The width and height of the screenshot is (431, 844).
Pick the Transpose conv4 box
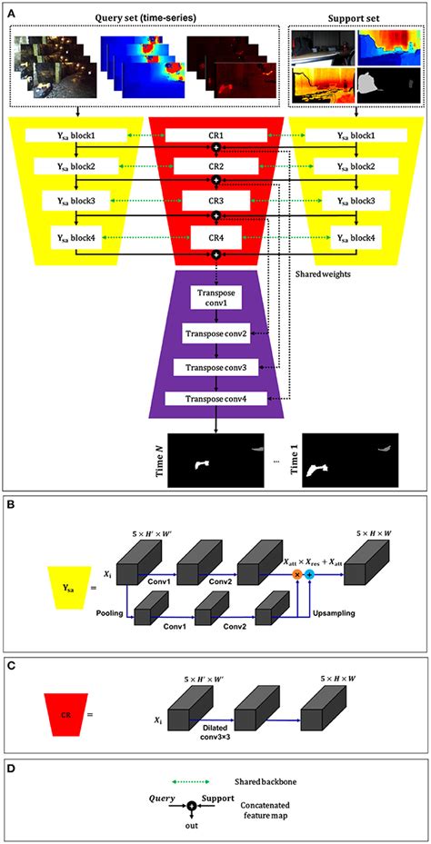[215, 399]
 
